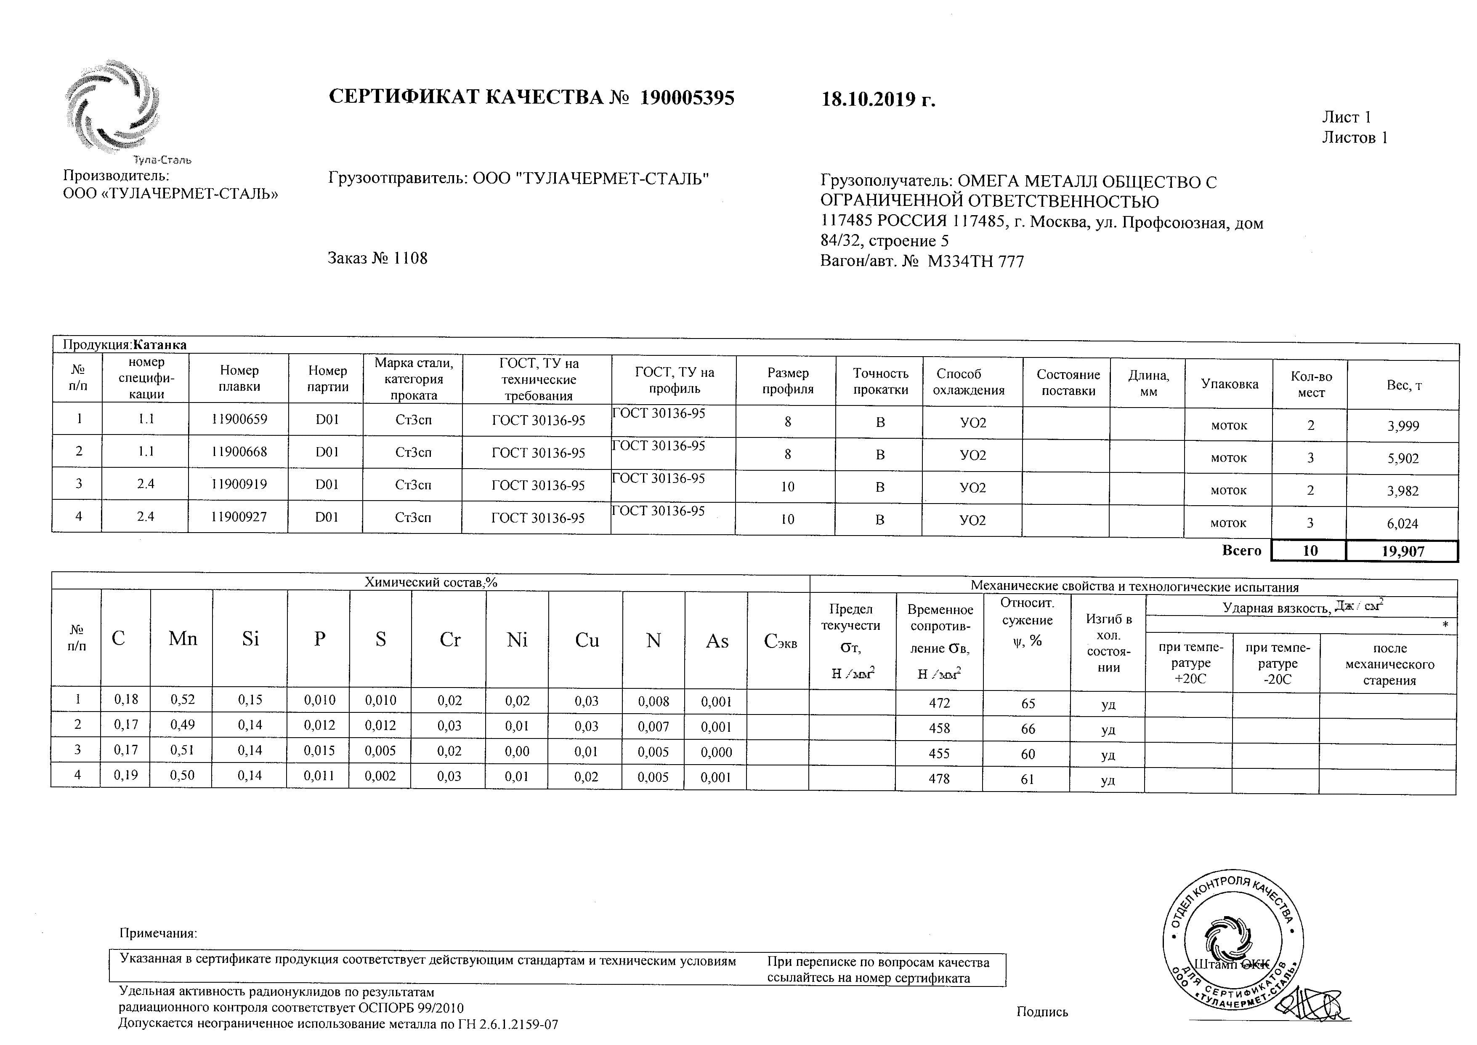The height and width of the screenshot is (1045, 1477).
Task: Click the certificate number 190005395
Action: (687, 98)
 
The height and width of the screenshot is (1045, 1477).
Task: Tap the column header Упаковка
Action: (1229, 384)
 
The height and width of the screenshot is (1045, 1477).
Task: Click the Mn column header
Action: (183, 638)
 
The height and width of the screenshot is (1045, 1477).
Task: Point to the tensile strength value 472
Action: (939, 703)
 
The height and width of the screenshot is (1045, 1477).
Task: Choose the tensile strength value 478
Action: (939, 778)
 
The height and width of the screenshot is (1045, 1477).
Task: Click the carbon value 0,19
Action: (126, 776)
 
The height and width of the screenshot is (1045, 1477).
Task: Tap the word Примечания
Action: (158, 933)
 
